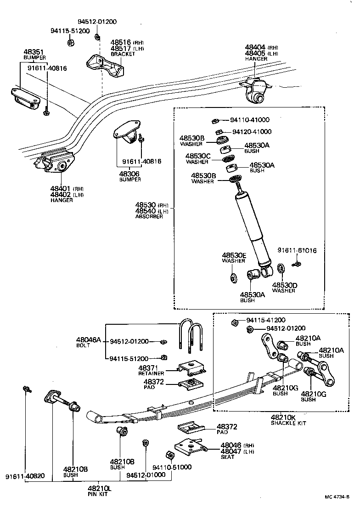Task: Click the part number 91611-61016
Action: click(297, 250)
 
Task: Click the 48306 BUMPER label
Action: click(129, 176)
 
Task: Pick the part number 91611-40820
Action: click(25, 475)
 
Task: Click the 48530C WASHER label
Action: click(198, 158)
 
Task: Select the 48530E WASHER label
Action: click(234, 258)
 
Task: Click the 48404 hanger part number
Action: click(256, 47)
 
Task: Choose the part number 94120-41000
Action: click(252, 132)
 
